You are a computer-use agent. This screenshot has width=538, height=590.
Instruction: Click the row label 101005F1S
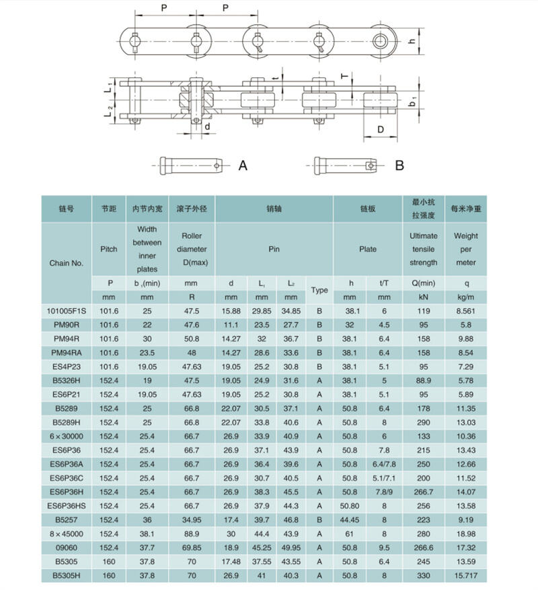(67, 311)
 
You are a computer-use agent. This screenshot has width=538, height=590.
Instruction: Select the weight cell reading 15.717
(465, 575)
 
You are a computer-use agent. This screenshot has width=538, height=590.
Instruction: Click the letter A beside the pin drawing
(243, 165)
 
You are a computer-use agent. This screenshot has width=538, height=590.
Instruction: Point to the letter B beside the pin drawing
(399, 165)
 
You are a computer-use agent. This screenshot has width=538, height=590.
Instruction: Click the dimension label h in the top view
(412, 41)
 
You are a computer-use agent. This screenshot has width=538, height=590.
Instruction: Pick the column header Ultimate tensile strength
(423, 249)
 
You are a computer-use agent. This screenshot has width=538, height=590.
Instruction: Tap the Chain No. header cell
(67, 263)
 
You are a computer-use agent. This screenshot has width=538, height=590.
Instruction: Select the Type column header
(319, 290)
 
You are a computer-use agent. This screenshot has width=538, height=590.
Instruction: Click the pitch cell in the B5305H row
(108, 575)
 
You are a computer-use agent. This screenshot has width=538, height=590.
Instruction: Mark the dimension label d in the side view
(207, 126)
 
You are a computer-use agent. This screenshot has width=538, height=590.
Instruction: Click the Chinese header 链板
(367, 209)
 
